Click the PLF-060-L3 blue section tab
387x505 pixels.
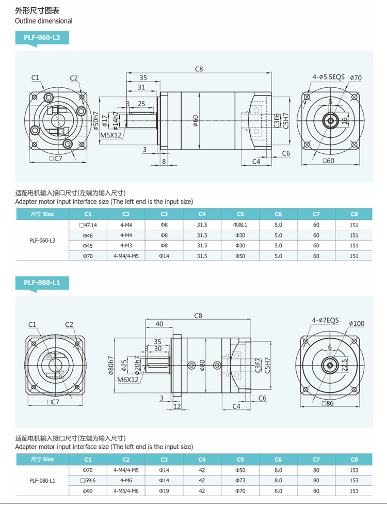point(42,38)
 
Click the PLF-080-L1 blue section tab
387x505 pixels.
point(42,282)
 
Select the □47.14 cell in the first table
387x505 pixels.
point(88,225)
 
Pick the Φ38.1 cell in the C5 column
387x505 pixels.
point(240,225)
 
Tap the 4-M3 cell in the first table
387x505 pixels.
point(126,246)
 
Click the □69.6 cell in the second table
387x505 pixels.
point(88,481)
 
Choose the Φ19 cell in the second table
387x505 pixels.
point(164,491)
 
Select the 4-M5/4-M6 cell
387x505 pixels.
point(126,491)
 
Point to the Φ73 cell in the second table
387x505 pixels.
point(240,481)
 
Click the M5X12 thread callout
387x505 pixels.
point(111,135)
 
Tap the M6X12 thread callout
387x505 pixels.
point(128,380)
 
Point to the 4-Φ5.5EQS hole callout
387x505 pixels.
point(328,77)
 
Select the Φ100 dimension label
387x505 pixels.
point(356,324)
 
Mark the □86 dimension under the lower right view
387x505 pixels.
point(327,403)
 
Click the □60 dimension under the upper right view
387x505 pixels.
point(328,161)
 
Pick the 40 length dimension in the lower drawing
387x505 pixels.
point(159,324)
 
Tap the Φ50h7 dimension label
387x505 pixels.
point(96,120)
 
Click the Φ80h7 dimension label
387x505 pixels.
point(110,365)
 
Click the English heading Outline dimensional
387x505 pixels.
point(44,21)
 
